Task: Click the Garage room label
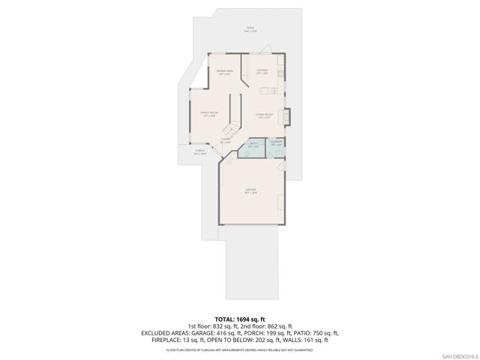tap(250, 191)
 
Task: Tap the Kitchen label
tap(262, 72)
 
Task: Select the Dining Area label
tap(224, 72)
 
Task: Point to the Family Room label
tap(208, 114)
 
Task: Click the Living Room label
tap(262, 115)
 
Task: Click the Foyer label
tap(225, 140)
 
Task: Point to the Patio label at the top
tap(250, 30)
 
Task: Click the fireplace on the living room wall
tap(288, 117)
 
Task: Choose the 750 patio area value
tap(320, 334)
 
